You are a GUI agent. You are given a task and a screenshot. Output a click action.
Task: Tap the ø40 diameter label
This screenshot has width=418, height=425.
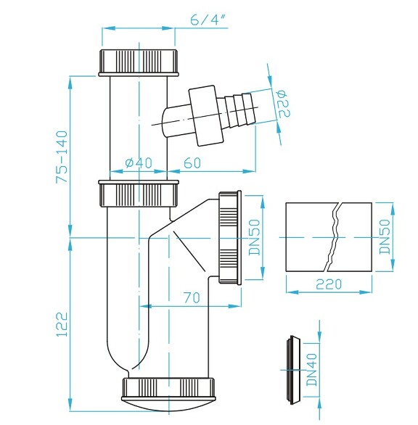(x=138, y=163)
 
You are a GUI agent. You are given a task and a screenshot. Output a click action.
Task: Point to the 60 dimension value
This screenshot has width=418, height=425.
(x=192, y=163)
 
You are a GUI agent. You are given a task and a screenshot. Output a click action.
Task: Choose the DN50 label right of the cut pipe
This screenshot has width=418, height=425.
(x=385, y=236)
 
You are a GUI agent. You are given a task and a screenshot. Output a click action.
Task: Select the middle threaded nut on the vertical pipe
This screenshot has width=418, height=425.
(x=136, y=194)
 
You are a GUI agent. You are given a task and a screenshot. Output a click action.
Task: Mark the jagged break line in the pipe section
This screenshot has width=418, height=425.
(x=334, y=237)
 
